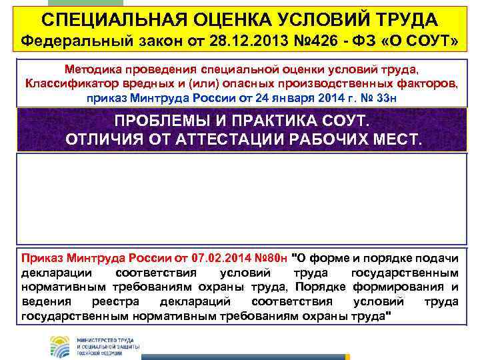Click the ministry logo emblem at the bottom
[x=59, y=346]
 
